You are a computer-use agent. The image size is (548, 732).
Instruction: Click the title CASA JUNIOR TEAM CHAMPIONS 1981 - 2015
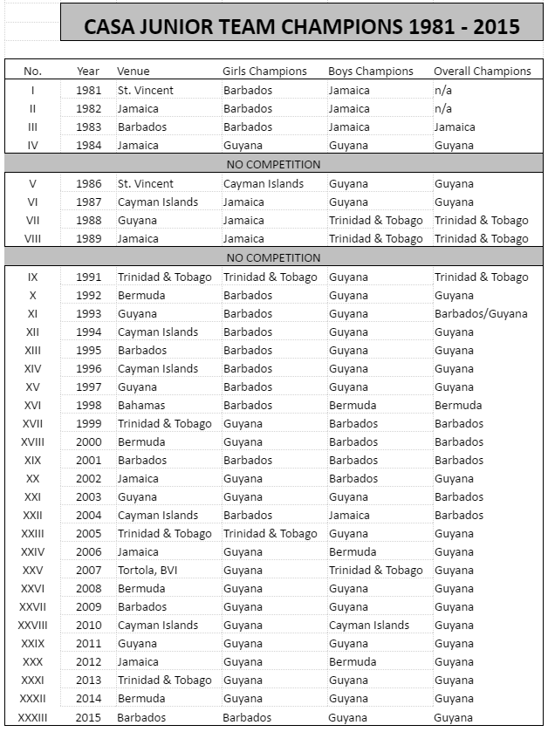coord(301,26)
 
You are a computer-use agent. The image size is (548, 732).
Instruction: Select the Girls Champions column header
coord(264,71)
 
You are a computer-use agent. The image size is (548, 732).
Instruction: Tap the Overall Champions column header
coord(482,71)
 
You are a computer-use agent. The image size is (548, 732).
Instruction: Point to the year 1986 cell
coord(88,183)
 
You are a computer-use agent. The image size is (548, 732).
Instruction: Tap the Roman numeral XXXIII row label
coord(32,717)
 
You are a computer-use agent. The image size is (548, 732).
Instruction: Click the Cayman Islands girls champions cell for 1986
coord(264,183)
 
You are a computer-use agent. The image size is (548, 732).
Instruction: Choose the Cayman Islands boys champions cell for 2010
coord(369,625)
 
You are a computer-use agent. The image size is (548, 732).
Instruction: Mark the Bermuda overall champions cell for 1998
coord(458,405)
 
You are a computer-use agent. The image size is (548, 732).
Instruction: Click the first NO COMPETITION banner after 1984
coord(273,164)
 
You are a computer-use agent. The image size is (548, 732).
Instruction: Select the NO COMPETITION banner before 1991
coord(273,257)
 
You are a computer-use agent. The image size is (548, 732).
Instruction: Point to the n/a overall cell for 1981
coord(443,90)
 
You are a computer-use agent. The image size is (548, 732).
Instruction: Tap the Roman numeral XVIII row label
coord(32,441)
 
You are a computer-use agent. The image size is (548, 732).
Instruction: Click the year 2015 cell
coord(88,717)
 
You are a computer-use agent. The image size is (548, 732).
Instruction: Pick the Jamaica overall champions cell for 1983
coord(455,127)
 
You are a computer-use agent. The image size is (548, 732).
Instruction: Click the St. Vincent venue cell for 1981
coord(146,90)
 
